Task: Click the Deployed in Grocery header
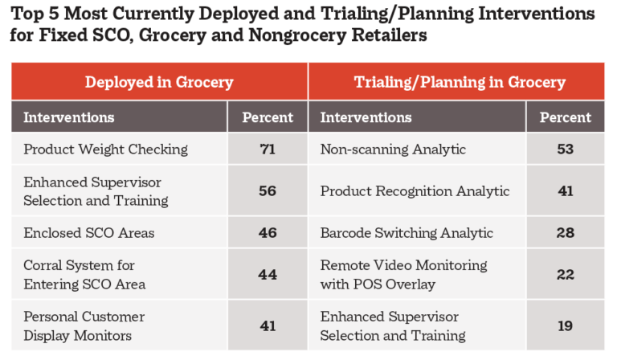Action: [159, 82]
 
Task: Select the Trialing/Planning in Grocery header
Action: [460, 82]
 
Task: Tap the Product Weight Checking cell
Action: [105, 149]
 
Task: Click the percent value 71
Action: [268, 149]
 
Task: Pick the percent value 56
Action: [268, 190]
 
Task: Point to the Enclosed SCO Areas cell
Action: [89, 232]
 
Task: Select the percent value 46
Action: [268, 232]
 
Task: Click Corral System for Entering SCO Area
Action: [84, 275]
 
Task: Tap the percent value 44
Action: [268, 274]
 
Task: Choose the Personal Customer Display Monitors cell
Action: [84, 326]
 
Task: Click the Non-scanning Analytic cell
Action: [393, 149]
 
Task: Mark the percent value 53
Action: [566, 149]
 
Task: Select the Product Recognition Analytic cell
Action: [415, 191]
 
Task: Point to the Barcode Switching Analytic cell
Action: [407, 233]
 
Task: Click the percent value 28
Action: [566, 232]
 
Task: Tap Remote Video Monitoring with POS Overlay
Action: [403, 275]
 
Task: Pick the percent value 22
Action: [566, 274]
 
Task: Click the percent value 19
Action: [566, 325]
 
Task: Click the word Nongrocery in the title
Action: [297, 35]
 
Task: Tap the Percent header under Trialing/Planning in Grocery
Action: [566, 117]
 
